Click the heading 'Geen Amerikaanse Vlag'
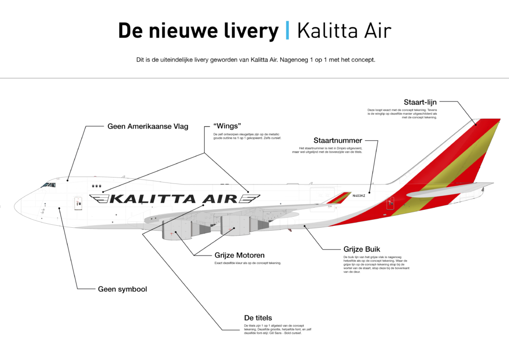(148, 126)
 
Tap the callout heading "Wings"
(227, 126)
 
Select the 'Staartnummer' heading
(338, 140)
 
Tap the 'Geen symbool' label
(122, 289)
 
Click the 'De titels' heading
(258, 318)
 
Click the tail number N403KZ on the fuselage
(358, 196)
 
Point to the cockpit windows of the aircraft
(48, 185)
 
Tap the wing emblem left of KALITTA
(99, 199)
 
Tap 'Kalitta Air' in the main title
(344, 31)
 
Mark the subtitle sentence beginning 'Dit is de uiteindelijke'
(255, 60)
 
